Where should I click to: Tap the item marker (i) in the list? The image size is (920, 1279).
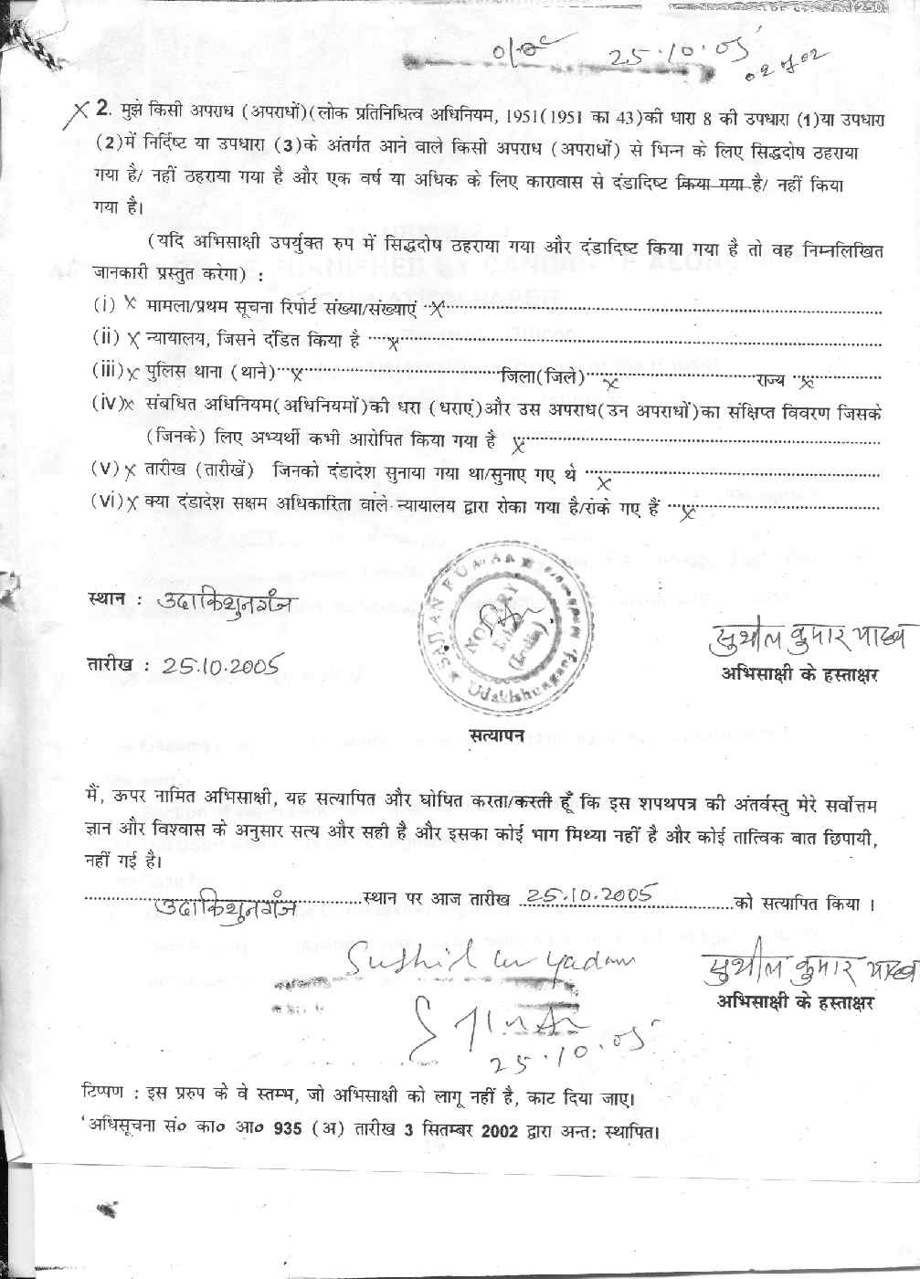(103, 302)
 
